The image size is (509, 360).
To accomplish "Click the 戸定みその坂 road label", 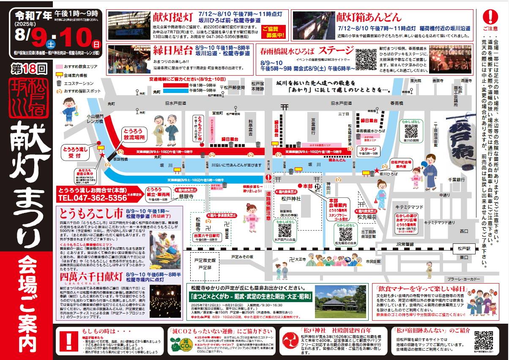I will tap(242, 256).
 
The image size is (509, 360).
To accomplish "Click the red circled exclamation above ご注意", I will tap(490, 17).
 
